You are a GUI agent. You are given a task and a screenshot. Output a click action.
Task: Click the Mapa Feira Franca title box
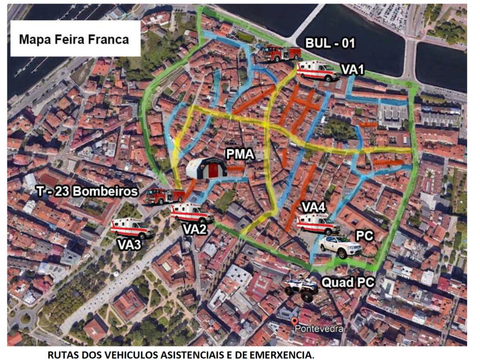coord(75,39)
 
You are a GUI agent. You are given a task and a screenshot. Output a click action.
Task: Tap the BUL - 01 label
coord(330,43)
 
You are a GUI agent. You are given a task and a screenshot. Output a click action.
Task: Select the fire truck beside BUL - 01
coord(279,53)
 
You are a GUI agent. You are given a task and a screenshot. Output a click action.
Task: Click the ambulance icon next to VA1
coord(318,71)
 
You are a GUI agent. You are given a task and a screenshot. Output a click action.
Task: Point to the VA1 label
coord(353,70)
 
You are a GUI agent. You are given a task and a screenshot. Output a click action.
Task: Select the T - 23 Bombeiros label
coord(85,191)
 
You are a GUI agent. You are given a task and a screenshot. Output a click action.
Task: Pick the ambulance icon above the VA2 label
coord(192,213)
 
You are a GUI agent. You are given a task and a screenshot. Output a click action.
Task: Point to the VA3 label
coord(129,245)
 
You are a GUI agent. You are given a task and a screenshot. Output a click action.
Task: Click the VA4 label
coord(314,206)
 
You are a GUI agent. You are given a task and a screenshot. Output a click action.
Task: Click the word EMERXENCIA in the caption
coord(279,354)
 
